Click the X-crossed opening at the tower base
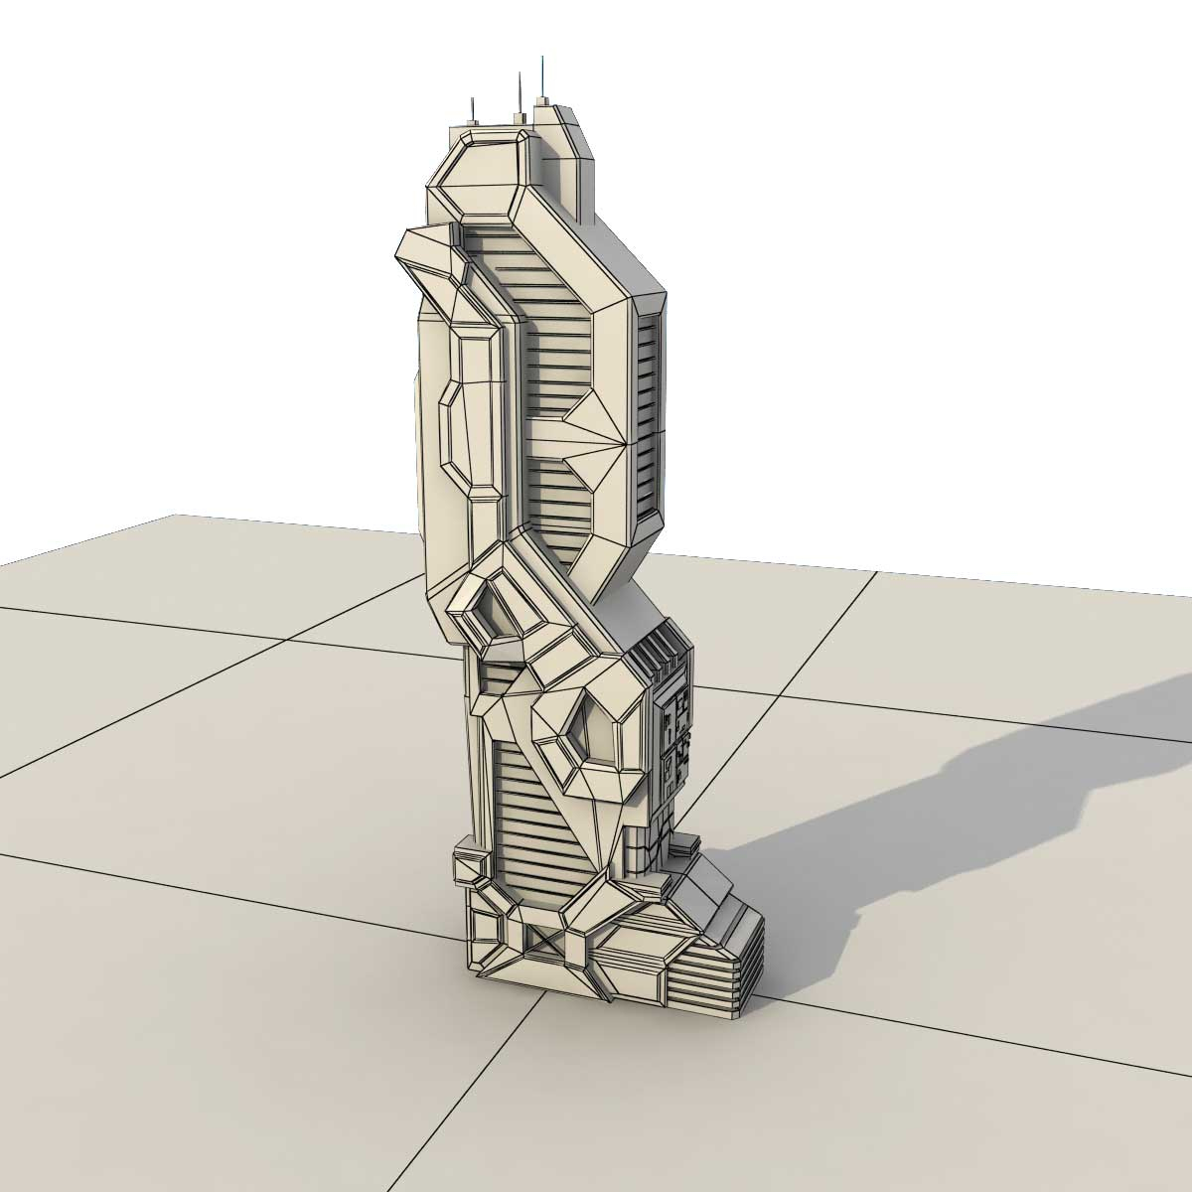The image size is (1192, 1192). [x=542, y=945]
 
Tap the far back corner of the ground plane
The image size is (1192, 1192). [x=177, y=515]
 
